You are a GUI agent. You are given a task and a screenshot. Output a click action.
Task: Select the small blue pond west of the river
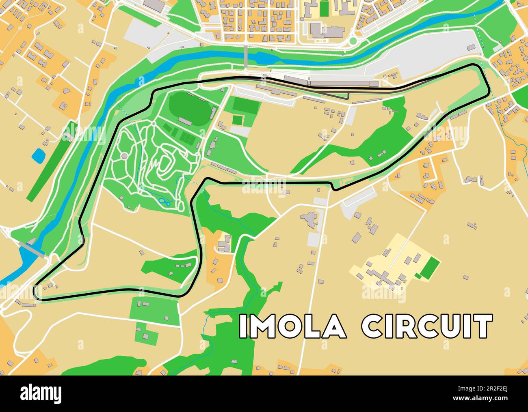click(39, 156)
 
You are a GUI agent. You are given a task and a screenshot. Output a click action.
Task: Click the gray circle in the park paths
click(124, 156)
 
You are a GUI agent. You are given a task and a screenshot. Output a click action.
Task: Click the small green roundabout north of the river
click(353, 41)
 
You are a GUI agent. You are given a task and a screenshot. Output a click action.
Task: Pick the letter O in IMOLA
click(286, 326)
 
